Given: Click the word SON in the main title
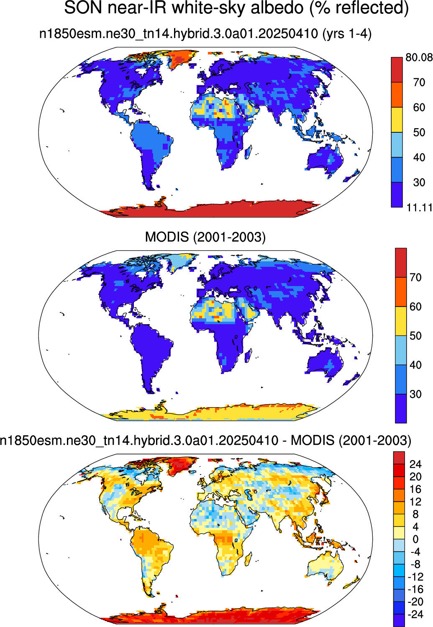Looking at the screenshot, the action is (83, 8).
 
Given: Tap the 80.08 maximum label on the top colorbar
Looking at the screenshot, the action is (419, 58).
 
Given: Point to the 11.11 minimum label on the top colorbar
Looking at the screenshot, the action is (419, 208).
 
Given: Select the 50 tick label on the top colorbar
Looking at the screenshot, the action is (419, 132).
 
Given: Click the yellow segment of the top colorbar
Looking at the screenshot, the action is (397, 120).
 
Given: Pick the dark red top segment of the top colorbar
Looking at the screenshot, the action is (397, 70).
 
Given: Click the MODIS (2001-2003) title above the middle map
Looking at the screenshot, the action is (205, 237).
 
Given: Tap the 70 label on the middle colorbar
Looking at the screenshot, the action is (416, 277).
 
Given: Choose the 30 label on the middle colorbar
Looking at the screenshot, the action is (416, 394).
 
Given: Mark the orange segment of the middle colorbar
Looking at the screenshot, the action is (401, 292).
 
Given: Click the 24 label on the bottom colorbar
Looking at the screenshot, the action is (415, 464).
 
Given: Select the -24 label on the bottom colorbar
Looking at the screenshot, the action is (415, 614).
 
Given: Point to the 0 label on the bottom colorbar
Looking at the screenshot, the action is (415, 539).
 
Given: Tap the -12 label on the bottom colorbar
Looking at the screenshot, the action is (415, 577).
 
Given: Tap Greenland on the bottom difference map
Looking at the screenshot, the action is (180, 466).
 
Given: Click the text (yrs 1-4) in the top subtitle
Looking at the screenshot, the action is (347, 34).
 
